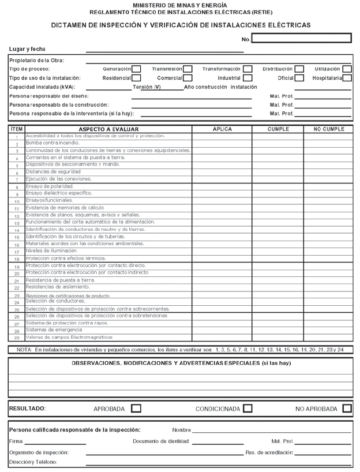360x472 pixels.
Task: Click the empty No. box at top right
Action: coord(301,39)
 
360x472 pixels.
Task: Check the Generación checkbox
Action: coord(137,69)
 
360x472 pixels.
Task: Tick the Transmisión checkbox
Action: coord(187,69)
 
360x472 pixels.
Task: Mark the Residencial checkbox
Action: coord(137,78)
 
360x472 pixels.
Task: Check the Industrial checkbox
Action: coord(248,78)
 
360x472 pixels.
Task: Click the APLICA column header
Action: coord(222,129)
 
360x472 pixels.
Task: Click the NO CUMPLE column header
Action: coord(329,129)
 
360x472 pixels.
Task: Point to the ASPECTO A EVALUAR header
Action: coord(108,129)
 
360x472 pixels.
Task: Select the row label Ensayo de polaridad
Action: coord(48,186)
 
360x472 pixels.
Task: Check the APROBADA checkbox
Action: coord(136,409)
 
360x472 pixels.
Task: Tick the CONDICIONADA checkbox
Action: coord(247,409)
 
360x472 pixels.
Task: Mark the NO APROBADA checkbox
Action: coord(347,409)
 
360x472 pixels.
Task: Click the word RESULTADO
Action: coord(27,409)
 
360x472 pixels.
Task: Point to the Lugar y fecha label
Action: coord(27,49)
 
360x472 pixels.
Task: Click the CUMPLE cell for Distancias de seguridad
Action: coord(277,172)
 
